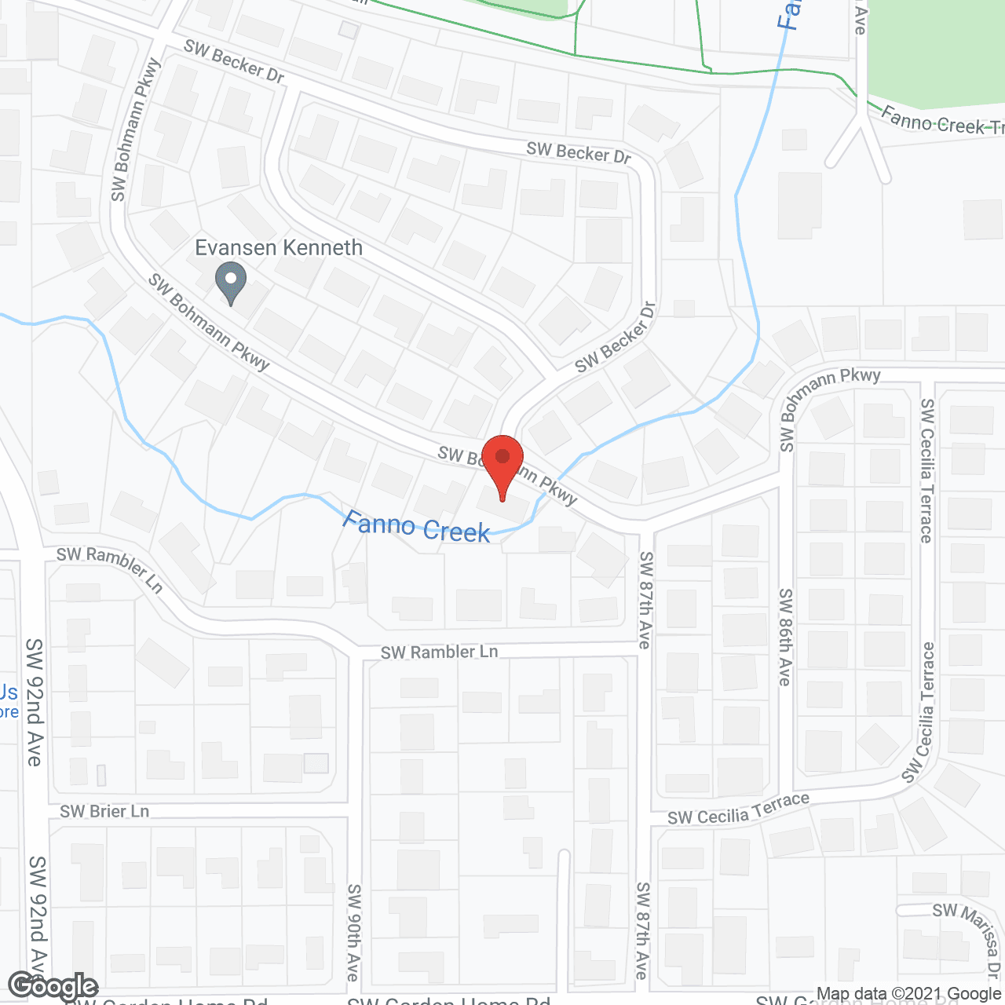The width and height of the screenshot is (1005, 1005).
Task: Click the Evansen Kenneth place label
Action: pos(279,248)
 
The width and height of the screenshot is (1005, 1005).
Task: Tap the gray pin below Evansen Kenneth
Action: pos(231,283)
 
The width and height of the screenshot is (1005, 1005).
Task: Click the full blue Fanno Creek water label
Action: pos(417,528)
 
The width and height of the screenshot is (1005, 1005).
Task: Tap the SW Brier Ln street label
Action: pos(104,811)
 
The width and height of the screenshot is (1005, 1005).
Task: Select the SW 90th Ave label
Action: pos(354,932)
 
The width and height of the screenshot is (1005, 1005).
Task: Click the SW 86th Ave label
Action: pos(785,637)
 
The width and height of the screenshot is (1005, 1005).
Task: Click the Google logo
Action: pos(53,986)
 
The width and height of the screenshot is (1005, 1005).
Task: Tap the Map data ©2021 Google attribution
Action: pos(908,994)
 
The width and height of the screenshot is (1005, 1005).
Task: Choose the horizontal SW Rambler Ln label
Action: pos(440,652)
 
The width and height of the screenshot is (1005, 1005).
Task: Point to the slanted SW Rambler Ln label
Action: pos(110,568)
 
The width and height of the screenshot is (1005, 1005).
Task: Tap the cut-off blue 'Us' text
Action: pos(9,693)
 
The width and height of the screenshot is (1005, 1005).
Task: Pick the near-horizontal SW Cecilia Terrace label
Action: pos(738,809)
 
